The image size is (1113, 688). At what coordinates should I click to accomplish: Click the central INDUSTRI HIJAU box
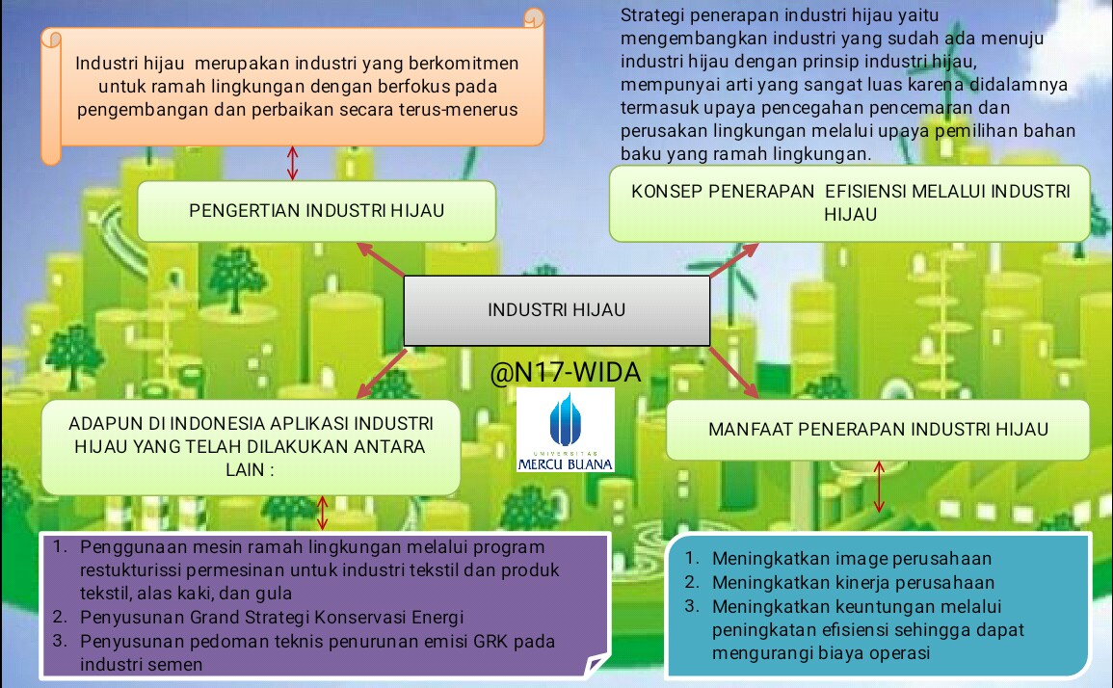(x=556, y=310)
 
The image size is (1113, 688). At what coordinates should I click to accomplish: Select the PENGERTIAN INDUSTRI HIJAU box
(x=316, y=210)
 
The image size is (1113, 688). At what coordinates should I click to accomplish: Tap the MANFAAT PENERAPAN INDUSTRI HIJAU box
(x=878, y=429)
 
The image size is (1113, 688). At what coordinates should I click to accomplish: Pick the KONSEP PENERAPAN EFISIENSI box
(x=850, y=202)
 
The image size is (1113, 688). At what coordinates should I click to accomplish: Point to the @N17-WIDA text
(x=565, y=372)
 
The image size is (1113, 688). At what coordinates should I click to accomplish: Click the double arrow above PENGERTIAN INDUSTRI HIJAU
(x=293, y=162)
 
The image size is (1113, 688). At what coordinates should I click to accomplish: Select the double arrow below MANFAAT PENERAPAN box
(x=878, y=486)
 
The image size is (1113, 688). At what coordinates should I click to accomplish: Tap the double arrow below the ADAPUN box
(x=323, y=513)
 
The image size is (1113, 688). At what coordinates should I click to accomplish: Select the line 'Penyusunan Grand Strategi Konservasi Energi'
(x=272, y=617)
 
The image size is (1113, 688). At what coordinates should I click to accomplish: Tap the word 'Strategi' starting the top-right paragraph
(x=652, y=15)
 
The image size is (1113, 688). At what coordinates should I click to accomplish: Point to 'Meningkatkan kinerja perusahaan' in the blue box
(x=853, y=582)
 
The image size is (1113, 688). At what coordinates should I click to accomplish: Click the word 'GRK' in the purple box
(x=480, y=641)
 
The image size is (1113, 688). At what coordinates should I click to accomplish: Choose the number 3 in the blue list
(x=691, y=606)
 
